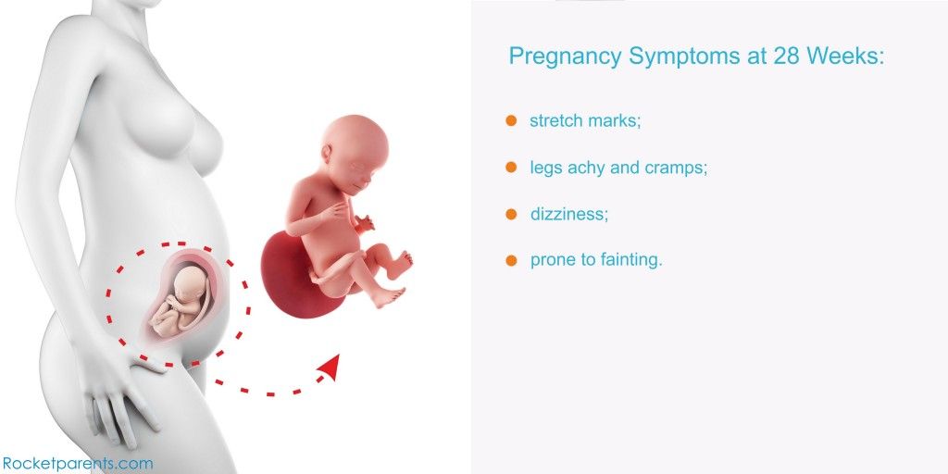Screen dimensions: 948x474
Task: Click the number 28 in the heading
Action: (x=787, y=56)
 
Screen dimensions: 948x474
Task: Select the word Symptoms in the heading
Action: (x=683, y=57)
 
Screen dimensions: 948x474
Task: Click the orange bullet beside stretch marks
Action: (x=511, y=120)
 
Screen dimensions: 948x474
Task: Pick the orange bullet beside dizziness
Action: (x=511, y=214)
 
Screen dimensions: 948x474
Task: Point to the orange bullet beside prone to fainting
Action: (x=511, y=260)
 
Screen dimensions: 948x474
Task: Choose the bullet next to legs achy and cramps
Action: (x=511, y=167)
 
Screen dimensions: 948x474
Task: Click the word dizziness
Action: (x=569, y=214)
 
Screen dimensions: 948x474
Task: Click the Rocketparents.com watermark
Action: (x=77, y=465)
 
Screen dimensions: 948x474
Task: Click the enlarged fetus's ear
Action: (x=327, y=155)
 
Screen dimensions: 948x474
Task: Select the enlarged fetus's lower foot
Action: (x=387, y=296)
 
